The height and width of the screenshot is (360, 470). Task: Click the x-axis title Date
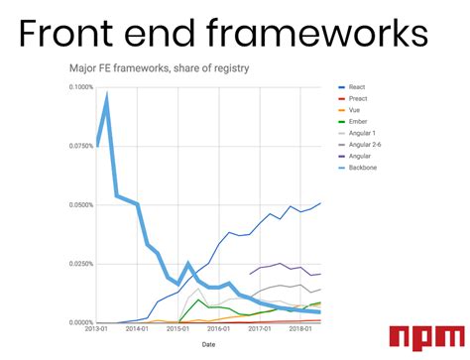(x=208, y=345)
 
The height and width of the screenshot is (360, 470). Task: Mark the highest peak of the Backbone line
(x=106, y=95)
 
